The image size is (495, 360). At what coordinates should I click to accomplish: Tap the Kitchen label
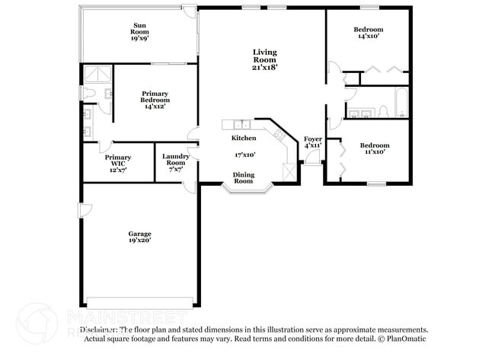click(x=244, y=138)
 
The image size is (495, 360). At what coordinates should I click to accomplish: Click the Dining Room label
click(x=243, y=178)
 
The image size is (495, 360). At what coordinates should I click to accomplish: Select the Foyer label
click(x=313, y=139)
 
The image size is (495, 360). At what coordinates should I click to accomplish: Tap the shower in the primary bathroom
click(x=97, y=74)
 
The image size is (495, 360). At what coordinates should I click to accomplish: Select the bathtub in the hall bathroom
click(x=400, y=101)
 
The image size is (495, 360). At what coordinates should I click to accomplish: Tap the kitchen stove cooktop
click(x=279, y=136)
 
